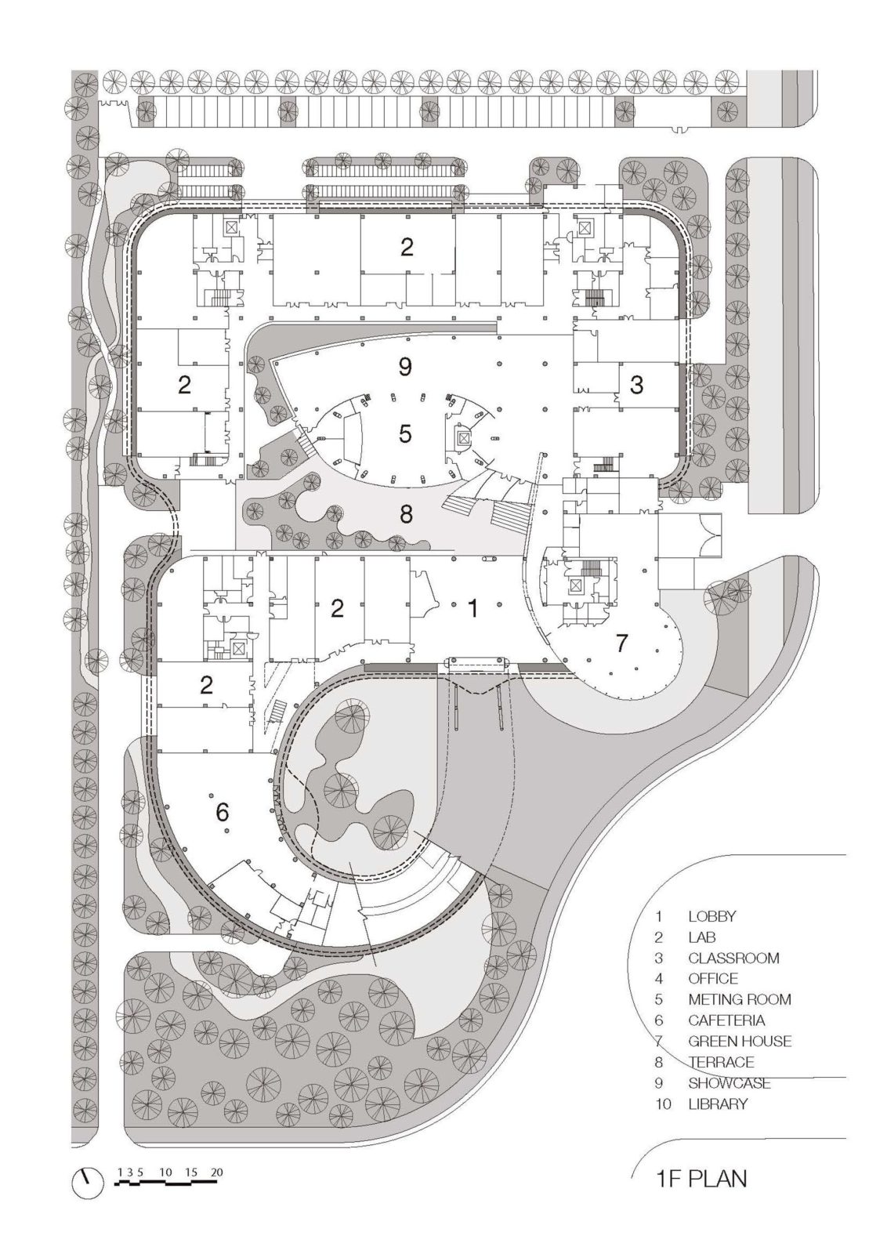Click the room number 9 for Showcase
click(x=405, y=366)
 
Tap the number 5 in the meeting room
click(x=405, y=433)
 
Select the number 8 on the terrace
click(x=405, y=513)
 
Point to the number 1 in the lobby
click(x=472, y=608)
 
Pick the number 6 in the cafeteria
click(x=223, y=813)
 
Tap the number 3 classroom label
click(x=636, y=385)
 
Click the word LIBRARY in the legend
click(x=718, y=1104)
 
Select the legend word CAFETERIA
click(x=726, y=1020)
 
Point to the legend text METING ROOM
click(x=739, y=999)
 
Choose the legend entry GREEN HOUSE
click(x=739, y=1042)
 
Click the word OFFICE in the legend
click(x=713, y=978)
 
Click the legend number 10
click(x=662, y=1104)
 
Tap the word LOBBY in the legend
click(x=711, y=915)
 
